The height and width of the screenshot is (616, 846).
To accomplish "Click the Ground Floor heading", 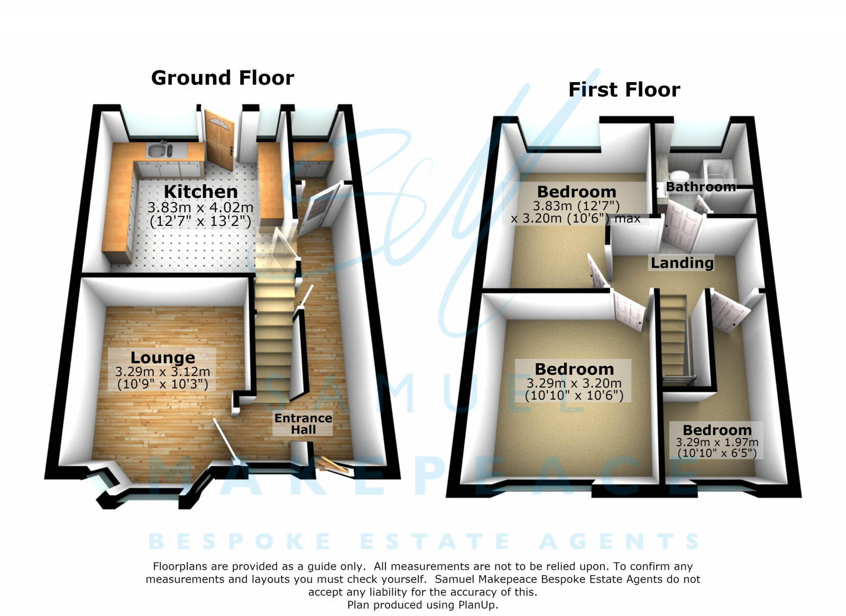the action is pyautogui.click(x=223, y=78).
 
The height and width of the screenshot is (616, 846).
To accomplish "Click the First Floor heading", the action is pyautogui.click(x=624, y=90).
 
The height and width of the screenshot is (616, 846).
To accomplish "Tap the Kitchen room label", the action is pyautogui.click(x=200, y=192).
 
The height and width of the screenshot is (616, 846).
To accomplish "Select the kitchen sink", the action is pyautogui.click(x=160, y=150).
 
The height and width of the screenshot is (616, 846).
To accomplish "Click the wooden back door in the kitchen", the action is pyautogui.click(x=220, y=139).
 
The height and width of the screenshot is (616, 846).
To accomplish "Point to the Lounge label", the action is pyautogui.click(x=163, y=358).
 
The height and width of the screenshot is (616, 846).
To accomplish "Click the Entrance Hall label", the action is pyautogui.click(x=304, y=424).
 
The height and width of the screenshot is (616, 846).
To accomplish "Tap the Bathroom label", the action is pyautogui.click(x=701, y=187).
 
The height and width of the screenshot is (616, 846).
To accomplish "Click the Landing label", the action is pyautogui.click(x=682, y=263).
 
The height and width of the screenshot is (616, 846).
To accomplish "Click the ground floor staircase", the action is pyautogui.click(x=274, y=321).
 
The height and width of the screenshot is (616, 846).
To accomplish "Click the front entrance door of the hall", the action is pyautogui.click(x=333, y=465).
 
